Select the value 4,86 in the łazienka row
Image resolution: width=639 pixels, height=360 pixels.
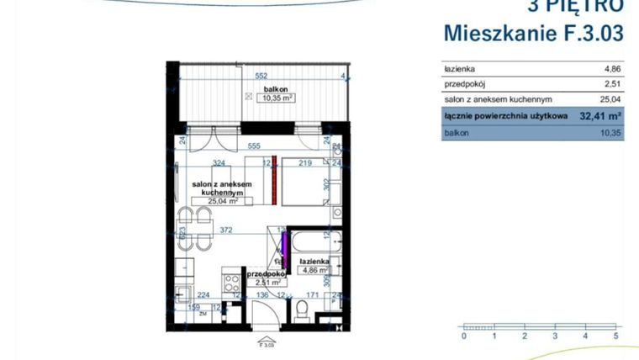(610, 69)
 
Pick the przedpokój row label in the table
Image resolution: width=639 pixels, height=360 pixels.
(465, 84)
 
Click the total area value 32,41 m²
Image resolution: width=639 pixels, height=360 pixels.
(599, 116)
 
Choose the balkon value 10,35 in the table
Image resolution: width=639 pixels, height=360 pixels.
(610, 133)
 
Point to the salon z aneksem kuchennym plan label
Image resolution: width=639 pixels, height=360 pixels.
(219, 188)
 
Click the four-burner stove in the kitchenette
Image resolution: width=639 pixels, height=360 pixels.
(230, 283)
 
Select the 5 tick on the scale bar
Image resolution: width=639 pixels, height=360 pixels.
(615, 336)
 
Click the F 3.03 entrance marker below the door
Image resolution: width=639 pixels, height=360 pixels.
(267, 344)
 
